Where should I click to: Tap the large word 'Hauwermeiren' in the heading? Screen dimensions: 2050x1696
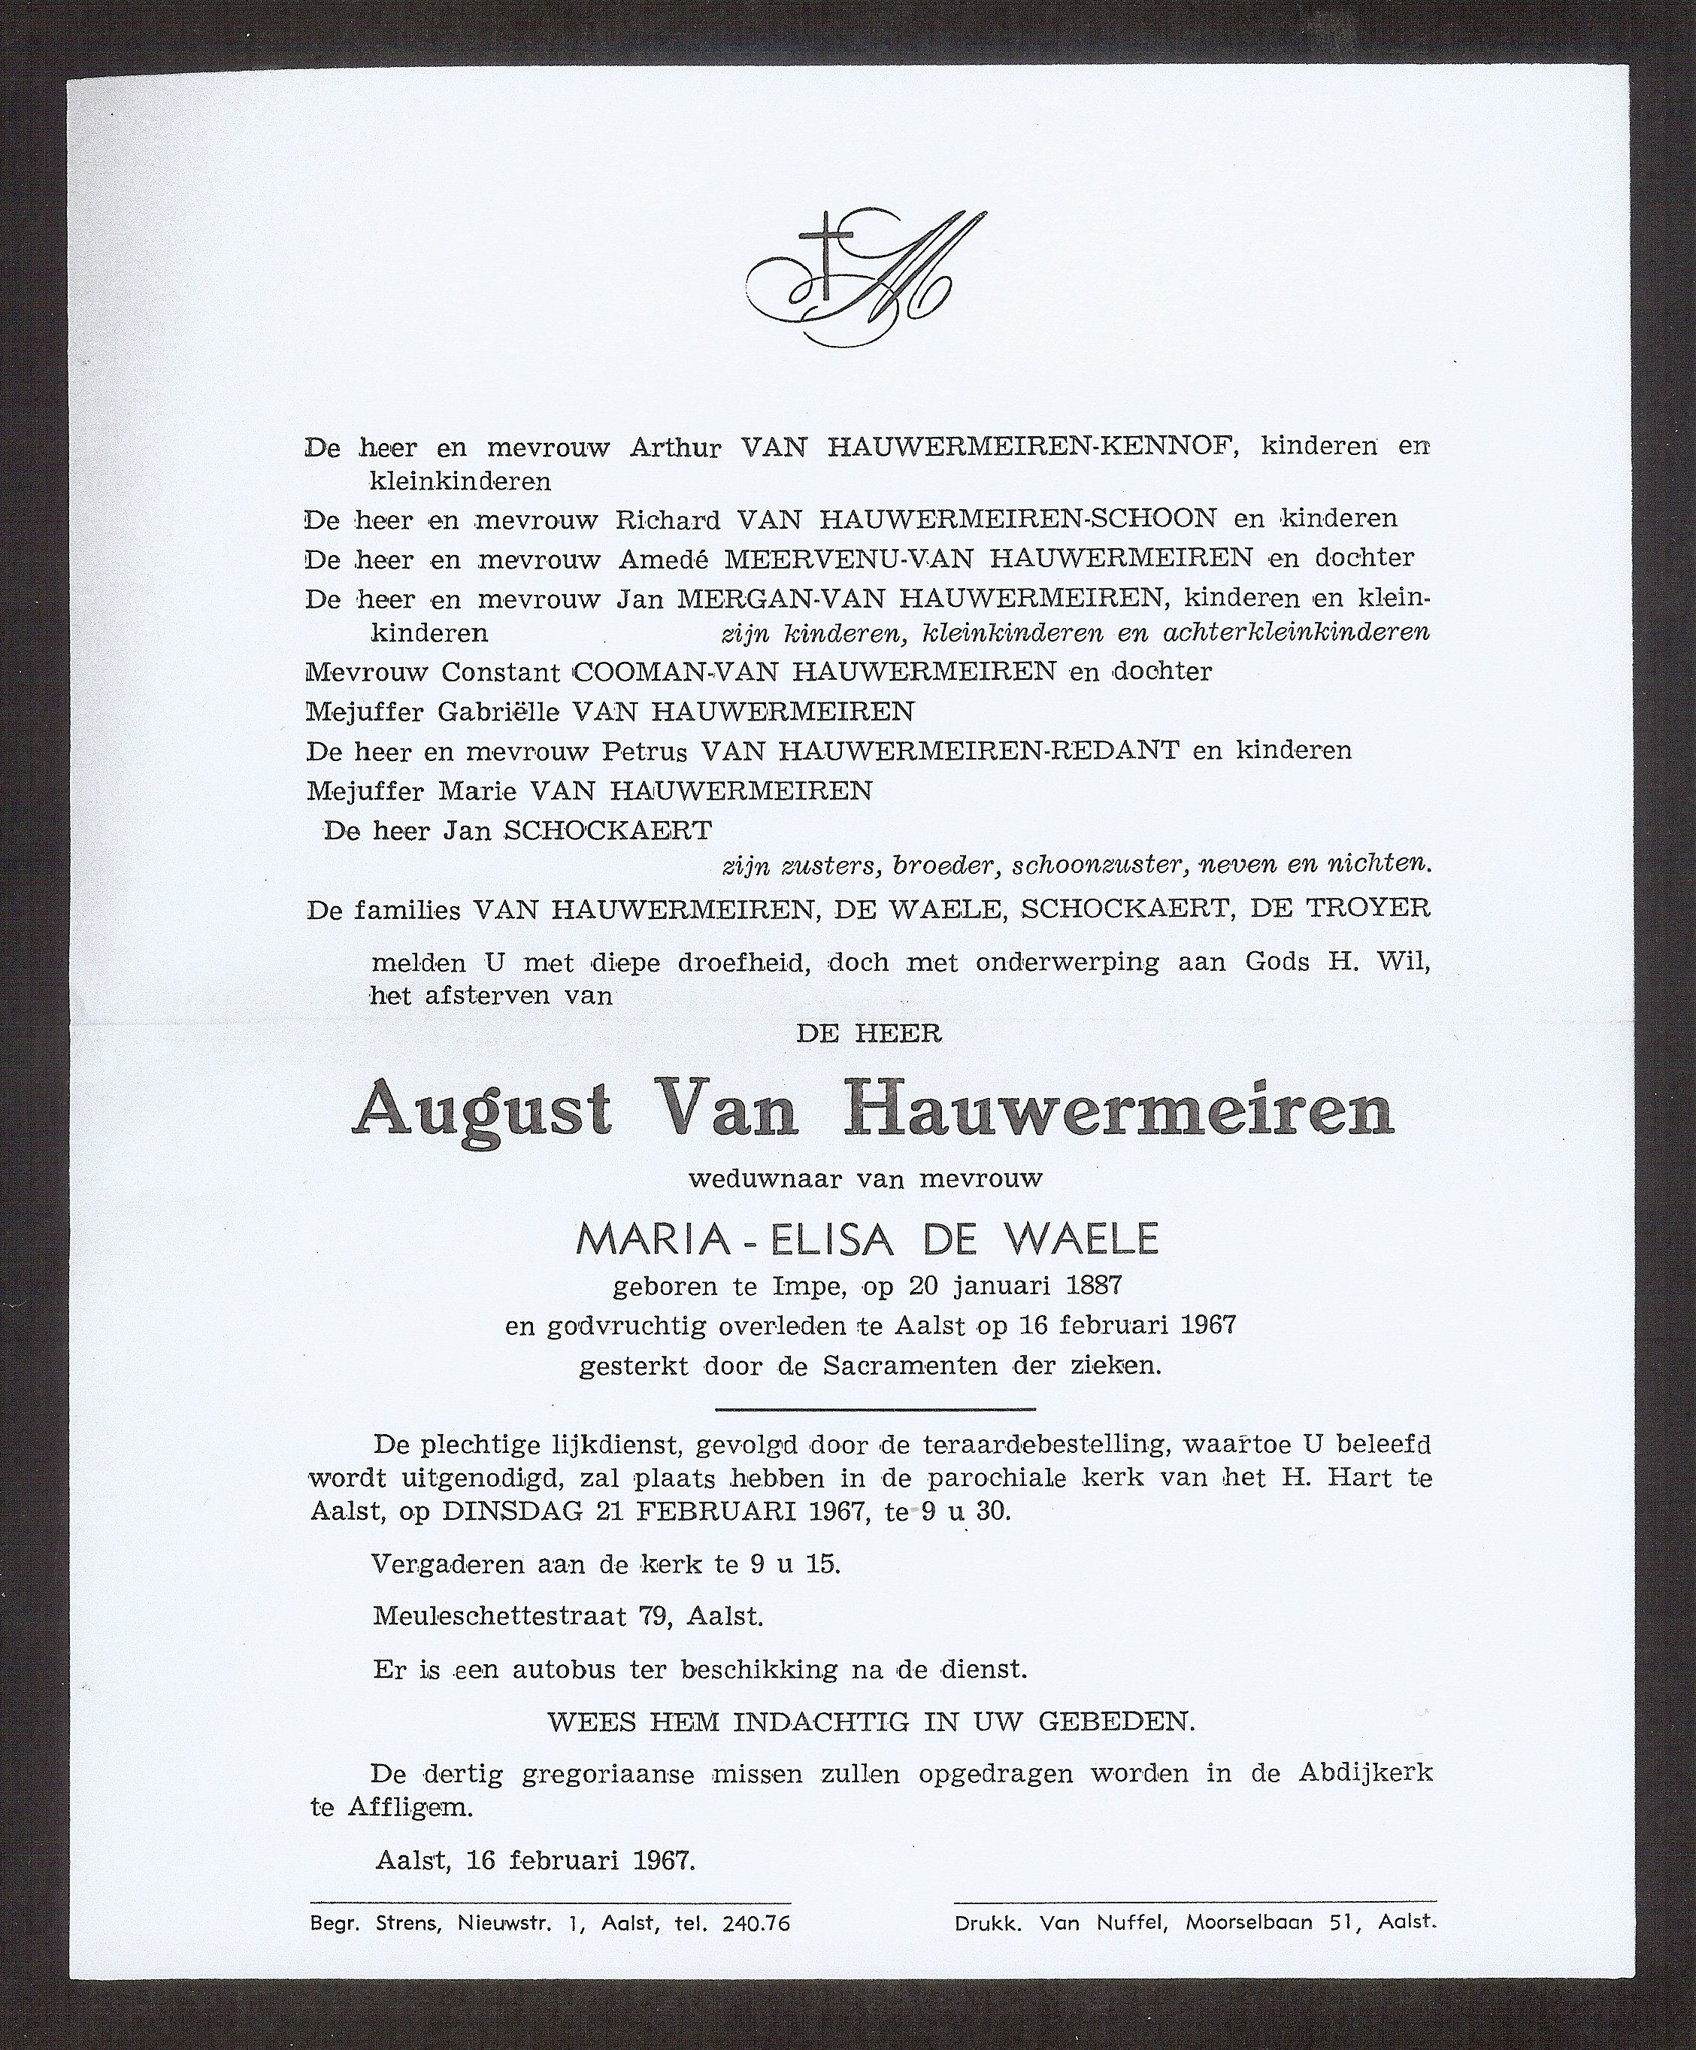(1123, 1109)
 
